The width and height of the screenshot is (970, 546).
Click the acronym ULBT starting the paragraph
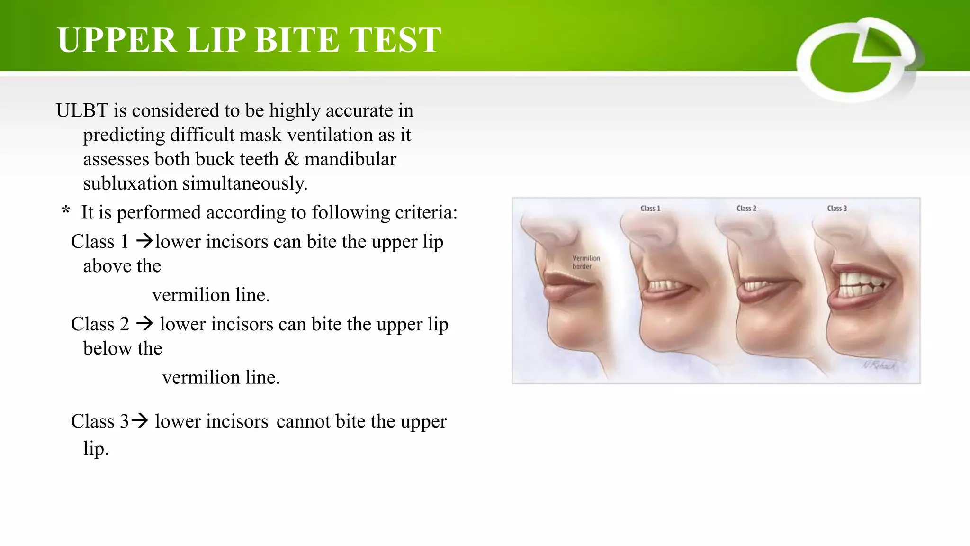click(82, 110)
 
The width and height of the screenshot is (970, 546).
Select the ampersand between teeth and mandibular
click(291, 159)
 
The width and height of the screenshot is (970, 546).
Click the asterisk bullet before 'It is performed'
click(66, 211)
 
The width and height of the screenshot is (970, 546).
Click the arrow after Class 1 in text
click(144, 241)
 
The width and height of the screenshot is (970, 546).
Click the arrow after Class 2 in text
click(144, 323)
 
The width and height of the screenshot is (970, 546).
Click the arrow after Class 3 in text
click(140, 420)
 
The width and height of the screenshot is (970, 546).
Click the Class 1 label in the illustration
click(650, 209)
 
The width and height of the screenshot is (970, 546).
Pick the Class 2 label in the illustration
click(746, 209)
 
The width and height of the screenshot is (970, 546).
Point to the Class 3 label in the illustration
click(836, 209)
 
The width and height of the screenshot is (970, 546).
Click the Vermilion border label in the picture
click(585, 262)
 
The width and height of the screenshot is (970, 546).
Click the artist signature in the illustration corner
click(879, 365)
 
